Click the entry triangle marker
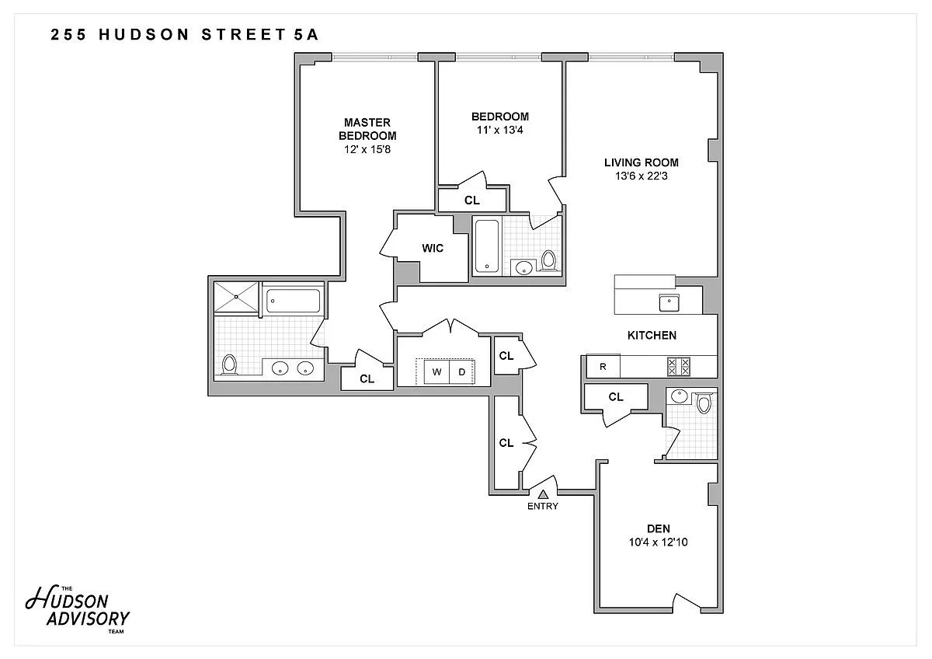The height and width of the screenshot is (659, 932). (543, 494)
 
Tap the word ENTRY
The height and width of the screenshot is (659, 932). (543, 506)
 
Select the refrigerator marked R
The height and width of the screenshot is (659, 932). (603, 366)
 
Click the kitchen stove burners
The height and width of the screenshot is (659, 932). (678, 367)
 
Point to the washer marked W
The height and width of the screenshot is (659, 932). (436, 371)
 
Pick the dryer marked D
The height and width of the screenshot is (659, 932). (461, 371)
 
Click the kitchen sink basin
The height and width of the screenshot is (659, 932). (669, 302)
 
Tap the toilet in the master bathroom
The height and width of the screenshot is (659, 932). (229, 364)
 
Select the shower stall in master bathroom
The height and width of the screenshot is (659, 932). (236, 297)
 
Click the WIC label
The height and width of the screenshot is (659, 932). (433, 248)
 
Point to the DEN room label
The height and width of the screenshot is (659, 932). (659, 528)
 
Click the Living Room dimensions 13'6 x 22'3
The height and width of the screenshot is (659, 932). (642, 176)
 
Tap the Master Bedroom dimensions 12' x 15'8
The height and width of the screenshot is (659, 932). (367, 149)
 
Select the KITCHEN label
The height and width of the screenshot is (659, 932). (652, 335)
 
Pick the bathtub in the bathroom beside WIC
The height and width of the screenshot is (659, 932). (487, 246)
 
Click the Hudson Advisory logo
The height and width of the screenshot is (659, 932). (78, 610)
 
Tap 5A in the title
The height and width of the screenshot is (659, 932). (306, 34)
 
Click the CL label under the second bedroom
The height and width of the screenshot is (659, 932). (472, 200)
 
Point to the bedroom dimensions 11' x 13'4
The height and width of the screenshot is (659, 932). (499, 131)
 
